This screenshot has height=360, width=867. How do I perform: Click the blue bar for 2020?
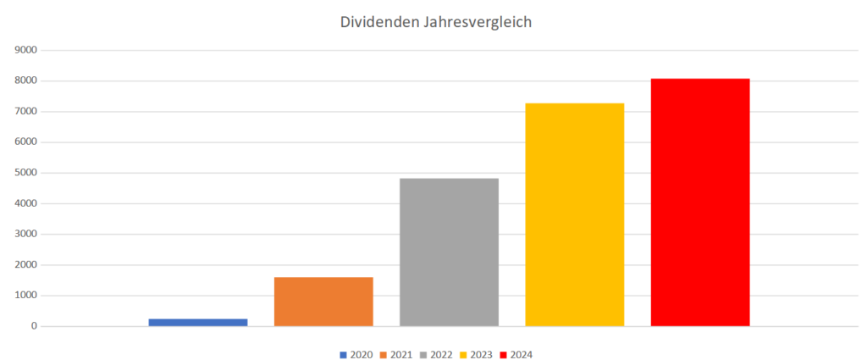tap(198, 322)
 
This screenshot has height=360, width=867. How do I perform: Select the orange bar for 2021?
tap(323, 302)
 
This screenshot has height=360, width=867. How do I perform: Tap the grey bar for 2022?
tap(449, 252)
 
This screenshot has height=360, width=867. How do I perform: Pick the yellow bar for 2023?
tap(574, 214)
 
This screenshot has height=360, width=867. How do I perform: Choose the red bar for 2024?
tap(700, 202)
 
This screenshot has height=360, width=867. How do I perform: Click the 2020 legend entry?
tap(356, 354)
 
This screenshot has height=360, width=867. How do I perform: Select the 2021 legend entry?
tap(395, 354)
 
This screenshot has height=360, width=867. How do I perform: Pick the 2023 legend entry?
tap(476, 354)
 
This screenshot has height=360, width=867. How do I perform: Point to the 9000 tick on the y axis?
tap(27, 50)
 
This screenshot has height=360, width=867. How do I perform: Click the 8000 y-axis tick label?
tap(27, 80)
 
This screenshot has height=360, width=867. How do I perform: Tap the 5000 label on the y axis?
tap(27, 173)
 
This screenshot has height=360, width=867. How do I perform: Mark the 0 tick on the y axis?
tap(34, 326)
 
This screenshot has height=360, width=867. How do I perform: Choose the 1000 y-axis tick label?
tap(27, 296)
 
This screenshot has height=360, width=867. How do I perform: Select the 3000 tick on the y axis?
tap(27, 234)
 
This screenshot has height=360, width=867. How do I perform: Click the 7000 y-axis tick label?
tap(27, 111)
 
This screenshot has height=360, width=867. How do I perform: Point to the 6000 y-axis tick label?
tap(27, 142)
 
